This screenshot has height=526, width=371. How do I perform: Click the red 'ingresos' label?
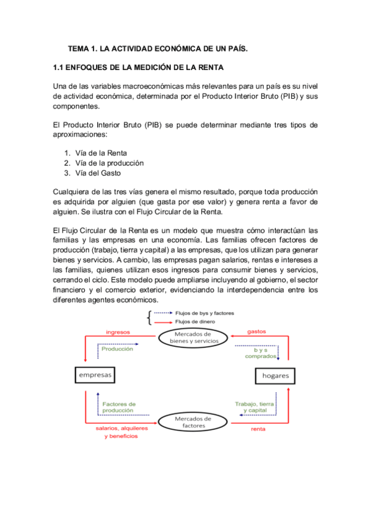pos(118,332)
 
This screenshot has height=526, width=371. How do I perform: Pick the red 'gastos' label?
pos(256,332)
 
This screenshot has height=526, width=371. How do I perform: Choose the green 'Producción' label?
pos(118,349)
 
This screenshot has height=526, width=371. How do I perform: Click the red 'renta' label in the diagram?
pos(258,429)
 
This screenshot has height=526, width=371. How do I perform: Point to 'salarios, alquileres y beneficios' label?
pos(121,432)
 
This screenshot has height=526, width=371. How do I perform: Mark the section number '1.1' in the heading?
pos(60,66)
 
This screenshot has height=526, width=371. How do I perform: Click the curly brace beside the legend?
pos(149,318)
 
